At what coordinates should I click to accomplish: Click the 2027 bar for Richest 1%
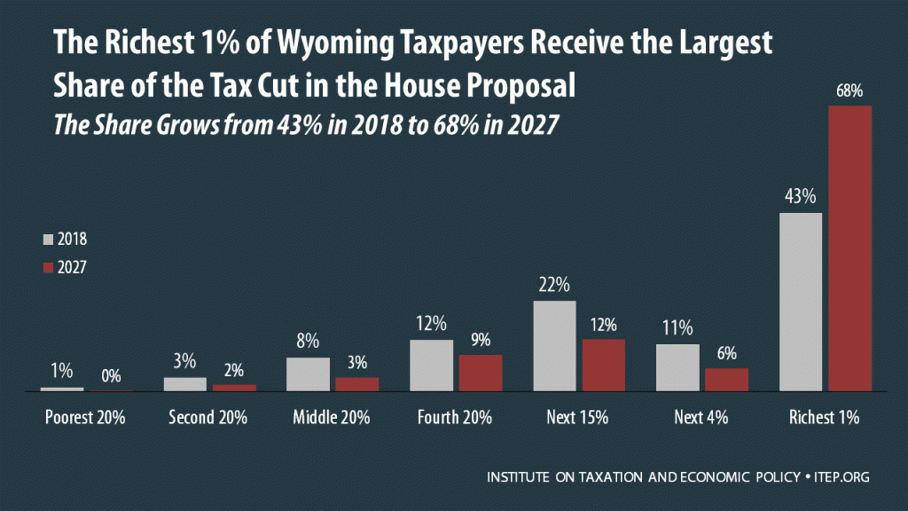pos(850,248)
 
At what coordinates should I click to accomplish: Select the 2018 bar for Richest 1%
pos(800,302)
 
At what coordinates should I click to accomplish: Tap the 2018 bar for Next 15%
pos(554,346)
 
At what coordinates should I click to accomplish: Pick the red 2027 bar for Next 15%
pos(604,365)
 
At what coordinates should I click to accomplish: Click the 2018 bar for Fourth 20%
pos(431,365)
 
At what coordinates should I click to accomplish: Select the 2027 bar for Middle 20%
pos(357,383)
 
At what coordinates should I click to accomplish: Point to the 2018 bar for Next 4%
pos(677,367)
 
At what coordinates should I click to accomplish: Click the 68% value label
pos(849,91)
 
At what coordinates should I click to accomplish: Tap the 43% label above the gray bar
pos(800,196)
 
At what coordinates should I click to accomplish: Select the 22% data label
pos(554,285)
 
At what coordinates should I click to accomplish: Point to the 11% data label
pos(677,328)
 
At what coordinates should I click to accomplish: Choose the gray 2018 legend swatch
pos(48,240)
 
